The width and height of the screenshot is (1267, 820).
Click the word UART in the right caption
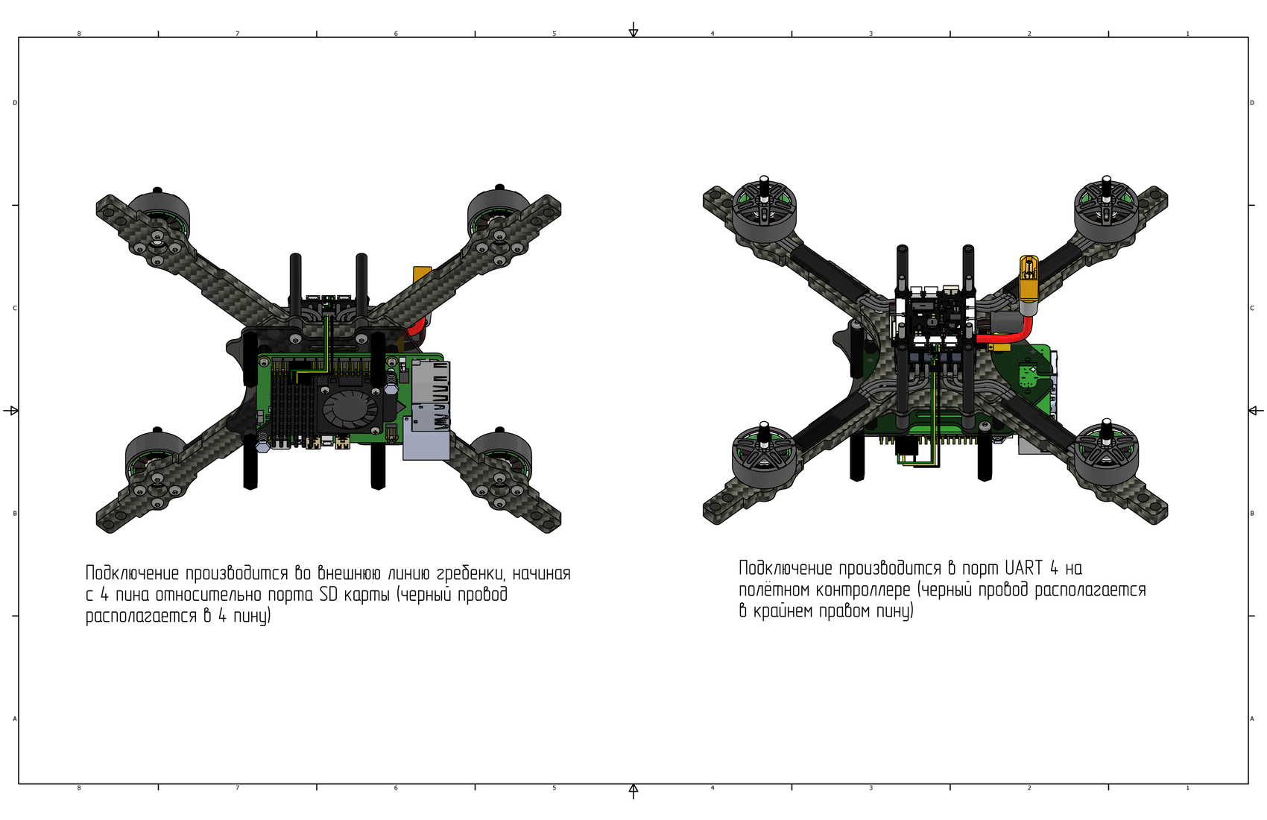[1023, 568]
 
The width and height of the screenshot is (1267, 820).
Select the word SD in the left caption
[329, 595]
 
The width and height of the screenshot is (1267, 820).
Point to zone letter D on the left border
[15, 103]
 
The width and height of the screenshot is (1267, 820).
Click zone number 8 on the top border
[79, 34]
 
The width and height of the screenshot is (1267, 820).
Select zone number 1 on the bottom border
[1187, 788]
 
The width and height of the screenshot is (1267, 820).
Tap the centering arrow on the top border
[633, 31]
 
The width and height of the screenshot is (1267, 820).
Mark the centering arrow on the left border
[11, 410]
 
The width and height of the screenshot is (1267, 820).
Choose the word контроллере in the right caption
[863, 590]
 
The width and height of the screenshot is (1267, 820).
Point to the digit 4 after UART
[1054, 568]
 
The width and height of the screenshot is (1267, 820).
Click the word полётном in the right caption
[774, 590]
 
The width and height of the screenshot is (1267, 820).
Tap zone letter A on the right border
[1252, 719]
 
